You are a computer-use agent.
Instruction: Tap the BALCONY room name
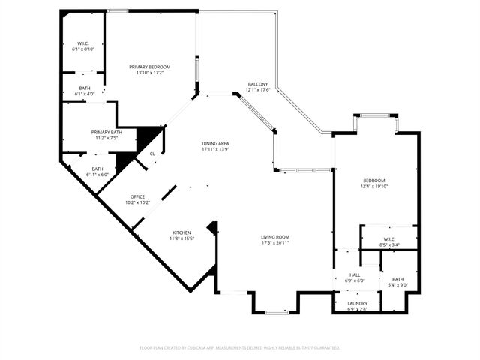[x=257, y=85]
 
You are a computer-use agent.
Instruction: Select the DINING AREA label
[x=214, y=143]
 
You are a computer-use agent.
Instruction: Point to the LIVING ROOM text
[x=275, y=237]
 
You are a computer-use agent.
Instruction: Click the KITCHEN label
[x=181, y=232]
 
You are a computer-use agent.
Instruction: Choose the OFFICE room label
[x=137, y=196]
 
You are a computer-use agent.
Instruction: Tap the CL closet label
[x=152, y=154]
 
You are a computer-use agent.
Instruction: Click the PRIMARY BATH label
[x=106, y=132]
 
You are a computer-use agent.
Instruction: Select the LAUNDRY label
[x=357, y=303]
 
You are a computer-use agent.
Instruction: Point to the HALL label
[x=355, y=275]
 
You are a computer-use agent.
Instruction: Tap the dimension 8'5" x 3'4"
[x=390, y=244]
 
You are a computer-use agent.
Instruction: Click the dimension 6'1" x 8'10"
[x=83, y=49]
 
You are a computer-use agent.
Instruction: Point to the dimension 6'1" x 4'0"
[x=83, y=94]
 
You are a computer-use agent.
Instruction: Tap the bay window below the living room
[x=275, y=310]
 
